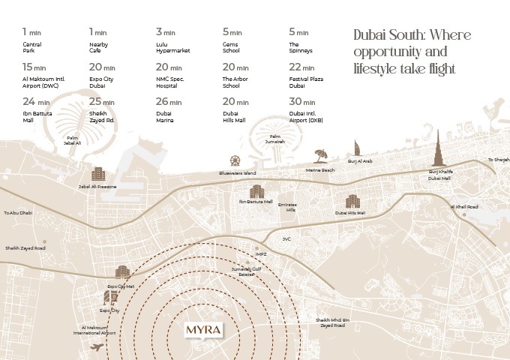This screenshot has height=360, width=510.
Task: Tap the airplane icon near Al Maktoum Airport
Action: pos(96,346)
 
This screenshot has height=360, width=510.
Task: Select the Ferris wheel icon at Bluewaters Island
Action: pos(236,160)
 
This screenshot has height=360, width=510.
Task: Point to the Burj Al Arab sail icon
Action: pos(358,148)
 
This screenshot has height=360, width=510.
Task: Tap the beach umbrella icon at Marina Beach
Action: pos(321,155)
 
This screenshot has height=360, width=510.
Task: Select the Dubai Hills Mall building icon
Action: pos(352,201)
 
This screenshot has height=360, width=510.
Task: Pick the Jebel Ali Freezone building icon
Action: pos(97,174)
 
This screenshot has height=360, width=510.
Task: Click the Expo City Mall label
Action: pos(121,286)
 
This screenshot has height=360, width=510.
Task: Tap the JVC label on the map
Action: pos(286,238)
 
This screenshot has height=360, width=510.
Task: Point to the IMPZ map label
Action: pos(260,254)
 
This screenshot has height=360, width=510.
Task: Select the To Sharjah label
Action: pos(498,160)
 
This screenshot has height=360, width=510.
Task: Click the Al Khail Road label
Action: pos(463,206)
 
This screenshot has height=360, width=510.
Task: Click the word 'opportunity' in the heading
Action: pos(390,52)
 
